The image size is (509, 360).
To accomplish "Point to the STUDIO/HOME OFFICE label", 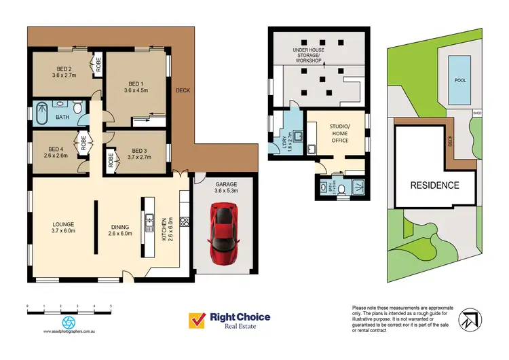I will pos(339,133).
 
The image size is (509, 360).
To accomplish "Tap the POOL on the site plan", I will pos(460,79).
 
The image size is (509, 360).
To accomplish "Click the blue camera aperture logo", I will pos(68,321).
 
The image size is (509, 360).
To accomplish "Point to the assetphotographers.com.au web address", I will pos(68,333).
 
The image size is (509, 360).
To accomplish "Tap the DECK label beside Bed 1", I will pos(183,89).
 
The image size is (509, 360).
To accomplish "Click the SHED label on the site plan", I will pos(478,113).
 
